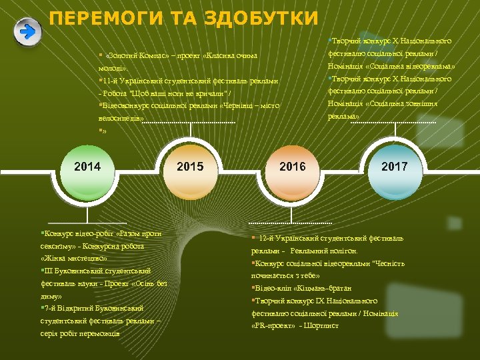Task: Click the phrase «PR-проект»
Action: point(273,325)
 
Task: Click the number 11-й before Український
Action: point(109,81)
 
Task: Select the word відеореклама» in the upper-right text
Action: point(427,67)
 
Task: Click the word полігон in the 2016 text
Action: point(344,251)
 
